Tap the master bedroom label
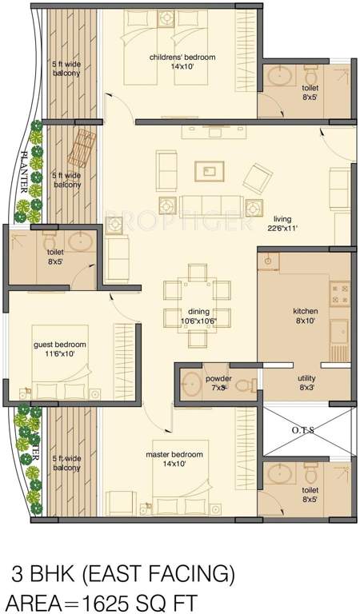pyautogui.click(x=174, y=454)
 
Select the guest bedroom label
pyautogui.click(x=60, y=345)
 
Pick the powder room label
pyautogui.click(x=218, y=377)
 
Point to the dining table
pyautogui.click(x=196, y=301)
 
